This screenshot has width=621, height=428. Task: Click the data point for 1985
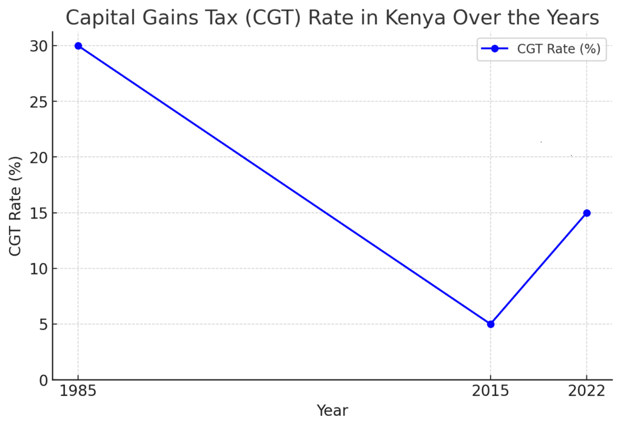point(78,46)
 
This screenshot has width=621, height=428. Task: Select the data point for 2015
point(491,324)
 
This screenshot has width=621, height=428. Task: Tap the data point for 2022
point(586,213)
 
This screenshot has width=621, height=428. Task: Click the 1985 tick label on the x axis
point(78,392)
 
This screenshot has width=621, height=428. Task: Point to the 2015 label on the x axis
point(491,392)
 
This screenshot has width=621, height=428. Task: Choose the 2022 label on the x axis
point(586,392)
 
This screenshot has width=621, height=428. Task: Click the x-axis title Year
point(332,411)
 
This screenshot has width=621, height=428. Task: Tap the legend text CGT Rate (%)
point(559,49)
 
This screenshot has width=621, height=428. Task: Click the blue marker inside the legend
point(494,49)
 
